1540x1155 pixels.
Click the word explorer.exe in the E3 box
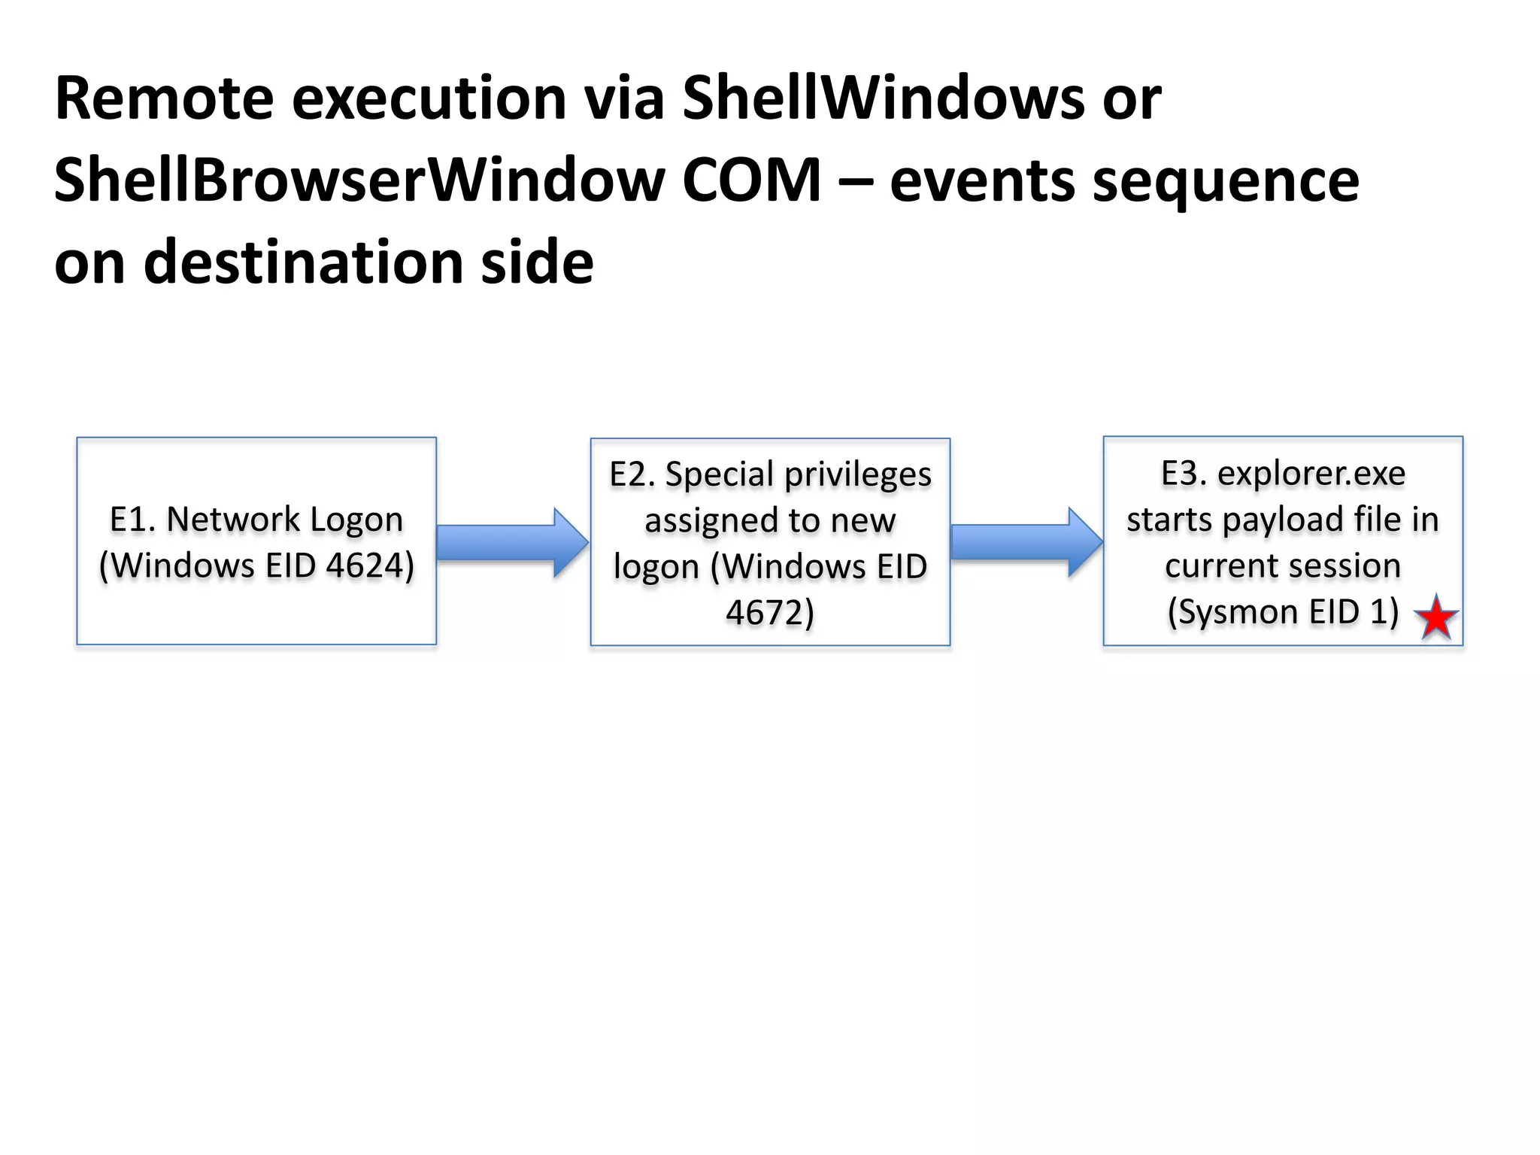[1311, 474]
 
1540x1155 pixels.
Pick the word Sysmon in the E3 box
[1233, 612]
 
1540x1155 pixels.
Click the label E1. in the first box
[132, 520]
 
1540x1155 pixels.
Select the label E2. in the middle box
[632, 474]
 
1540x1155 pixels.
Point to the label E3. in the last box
[1184, 474]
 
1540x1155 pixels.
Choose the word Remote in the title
[164, 99]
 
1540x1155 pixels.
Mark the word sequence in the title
[1225, 181]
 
